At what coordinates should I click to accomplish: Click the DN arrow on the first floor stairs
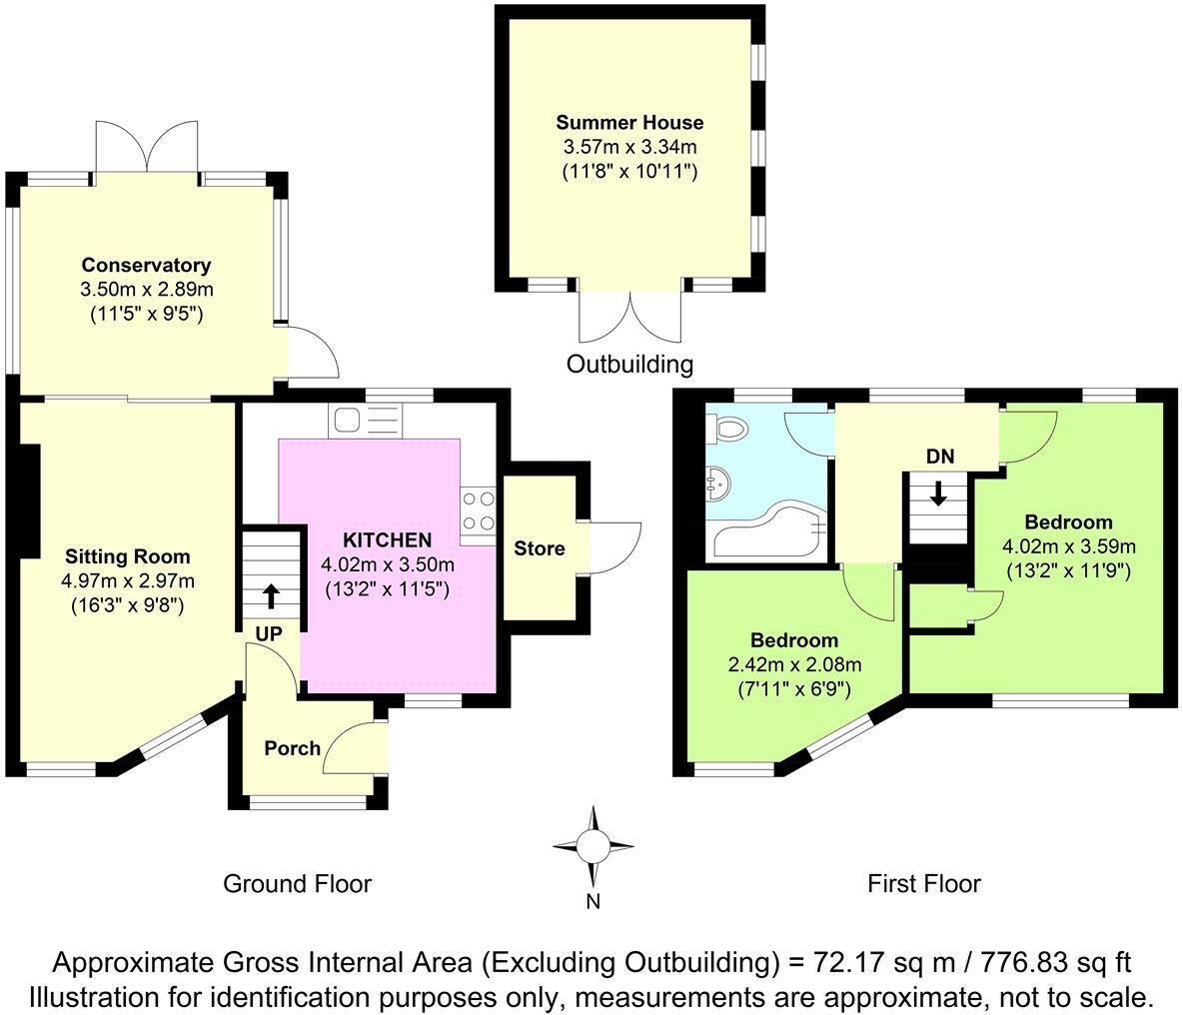click(939, 494)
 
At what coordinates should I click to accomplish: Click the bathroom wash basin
click(718, 487)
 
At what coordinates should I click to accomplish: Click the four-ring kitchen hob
click(478, 509)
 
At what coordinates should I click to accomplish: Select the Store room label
click(540, 548)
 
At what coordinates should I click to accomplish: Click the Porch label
click(292, 748)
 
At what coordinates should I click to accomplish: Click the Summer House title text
click(629, 123)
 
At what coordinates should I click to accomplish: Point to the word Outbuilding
click(629, 364)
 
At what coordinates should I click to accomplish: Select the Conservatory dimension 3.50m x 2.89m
click(146, 290)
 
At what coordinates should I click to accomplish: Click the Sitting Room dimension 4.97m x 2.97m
click(127, 580)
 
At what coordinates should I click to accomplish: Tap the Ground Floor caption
click(297, 883)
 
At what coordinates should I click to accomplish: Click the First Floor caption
click(923, 883)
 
